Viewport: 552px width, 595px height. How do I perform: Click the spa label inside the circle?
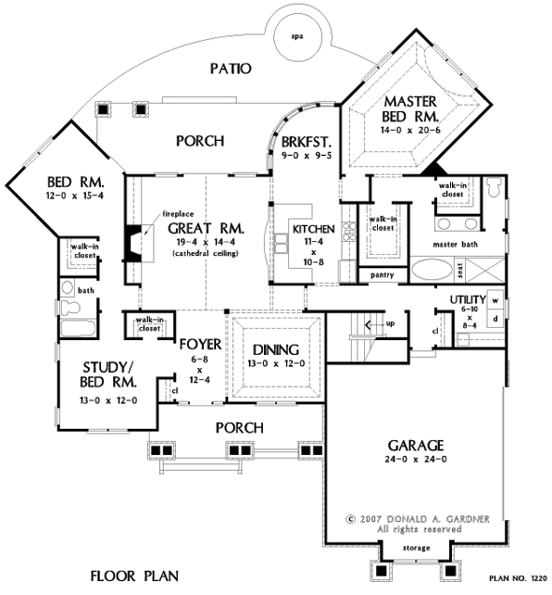[x=297, y=36]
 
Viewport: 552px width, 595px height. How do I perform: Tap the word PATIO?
[x=231, y=68]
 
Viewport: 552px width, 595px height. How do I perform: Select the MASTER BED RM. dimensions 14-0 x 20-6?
[x=410, y=130]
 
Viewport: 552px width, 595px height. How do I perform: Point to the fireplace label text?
[x=178, y=214]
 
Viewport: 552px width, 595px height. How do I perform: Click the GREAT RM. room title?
[x=206, y=229]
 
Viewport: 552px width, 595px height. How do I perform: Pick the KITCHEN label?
[x=313, y=229]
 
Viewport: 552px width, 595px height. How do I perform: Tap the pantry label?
[x=382, y=276]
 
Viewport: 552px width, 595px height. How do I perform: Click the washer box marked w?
[x=495, y=300]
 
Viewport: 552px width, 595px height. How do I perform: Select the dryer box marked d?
[x=495, y=319]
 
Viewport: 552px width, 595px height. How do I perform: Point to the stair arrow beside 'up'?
[x=374, y=325]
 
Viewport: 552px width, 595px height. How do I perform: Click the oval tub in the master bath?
[x=432, y=271]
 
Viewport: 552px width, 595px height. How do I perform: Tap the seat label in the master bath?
[x=460, y=271]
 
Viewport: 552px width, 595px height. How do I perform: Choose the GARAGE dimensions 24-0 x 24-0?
[x=415, y=460]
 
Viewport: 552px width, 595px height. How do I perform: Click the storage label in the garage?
[x=416, y=548]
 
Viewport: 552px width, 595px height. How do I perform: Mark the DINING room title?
[x=276, y=349]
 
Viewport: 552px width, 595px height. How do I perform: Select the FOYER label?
[x=200, y=344]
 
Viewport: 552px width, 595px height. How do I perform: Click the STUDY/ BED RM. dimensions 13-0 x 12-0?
[x=109, y=401]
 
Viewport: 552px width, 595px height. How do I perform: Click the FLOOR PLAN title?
[x=134, y=576]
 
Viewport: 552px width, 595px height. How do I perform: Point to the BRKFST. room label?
[x=307, y=142]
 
